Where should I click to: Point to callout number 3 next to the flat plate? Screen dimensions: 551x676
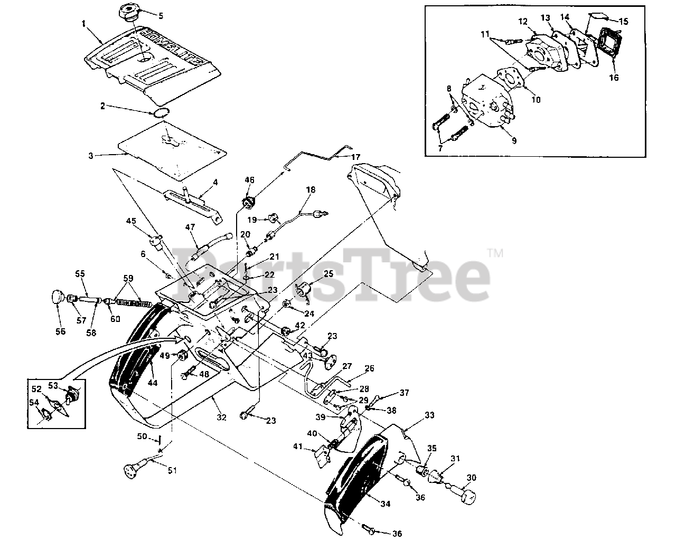91,156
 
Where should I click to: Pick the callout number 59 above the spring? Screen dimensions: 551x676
128,278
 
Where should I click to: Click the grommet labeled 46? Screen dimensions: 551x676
249,202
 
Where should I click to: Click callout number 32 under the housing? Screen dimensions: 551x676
221,417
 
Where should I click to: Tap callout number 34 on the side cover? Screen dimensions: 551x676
385,504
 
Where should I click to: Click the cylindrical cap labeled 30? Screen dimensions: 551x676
467,495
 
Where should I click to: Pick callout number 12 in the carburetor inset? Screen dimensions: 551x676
523,21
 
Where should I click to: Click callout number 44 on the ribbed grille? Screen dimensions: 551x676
152,383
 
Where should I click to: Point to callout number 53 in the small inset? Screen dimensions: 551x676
53,385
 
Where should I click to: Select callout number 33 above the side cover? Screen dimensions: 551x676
429,415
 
